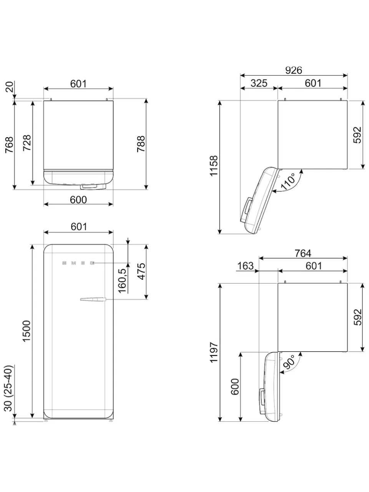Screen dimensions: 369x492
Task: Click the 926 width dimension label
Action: (294, 70)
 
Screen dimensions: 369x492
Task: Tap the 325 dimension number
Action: (259, 83)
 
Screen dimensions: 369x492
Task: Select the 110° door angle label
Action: (288, 181)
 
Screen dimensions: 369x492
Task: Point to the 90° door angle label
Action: (289, 362)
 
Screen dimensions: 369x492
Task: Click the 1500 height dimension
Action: (27, 331)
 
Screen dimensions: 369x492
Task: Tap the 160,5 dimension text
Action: (122, 280)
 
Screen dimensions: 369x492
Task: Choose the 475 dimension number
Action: (141, 271)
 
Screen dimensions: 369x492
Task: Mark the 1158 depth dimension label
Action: (214, 166)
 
